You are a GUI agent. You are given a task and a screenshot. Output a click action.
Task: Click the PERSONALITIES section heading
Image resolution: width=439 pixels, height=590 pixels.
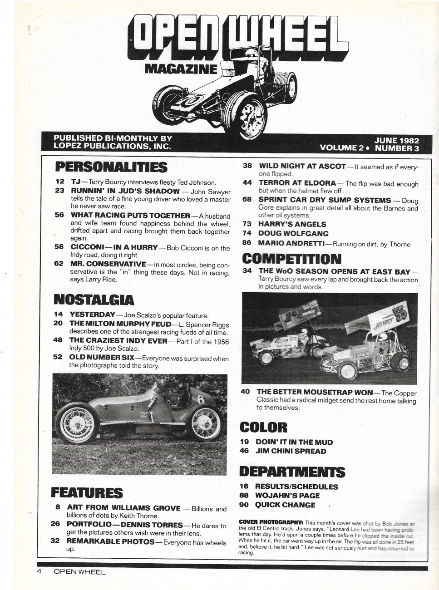[x=111, y=167]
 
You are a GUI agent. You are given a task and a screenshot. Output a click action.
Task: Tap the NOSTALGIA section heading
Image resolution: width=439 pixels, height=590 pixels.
[x=94, y=300]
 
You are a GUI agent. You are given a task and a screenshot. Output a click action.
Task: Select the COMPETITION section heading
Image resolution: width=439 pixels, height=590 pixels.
[x=291, y=259]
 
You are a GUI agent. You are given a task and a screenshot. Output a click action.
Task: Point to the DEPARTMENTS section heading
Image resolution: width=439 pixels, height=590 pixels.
[x=292, y=472]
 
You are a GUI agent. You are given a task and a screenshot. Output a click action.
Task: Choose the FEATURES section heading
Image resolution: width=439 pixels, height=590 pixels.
[x=87, y=493]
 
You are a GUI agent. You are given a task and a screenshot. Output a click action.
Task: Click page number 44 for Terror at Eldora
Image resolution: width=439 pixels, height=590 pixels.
[x=247, y=183]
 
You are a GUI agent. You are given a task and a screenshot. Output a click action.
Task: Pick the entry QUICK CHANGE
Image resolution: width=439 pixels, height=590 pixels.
[x=285, y=505]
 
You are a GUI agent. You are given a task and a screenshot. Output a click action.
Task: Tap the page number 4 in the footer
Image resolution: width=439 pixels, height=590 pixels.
[x=39, y=571]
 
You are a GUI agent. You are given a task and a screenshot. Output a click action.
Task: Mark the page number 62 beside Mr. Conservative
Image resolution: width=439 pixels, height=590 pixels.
[x=59, y=263]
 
